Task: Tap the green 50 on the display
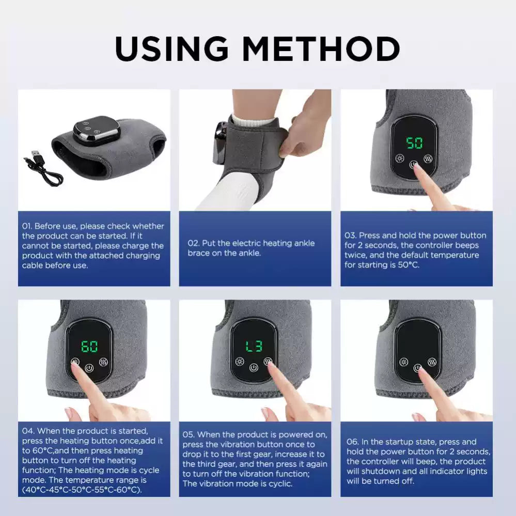tap(414, 143)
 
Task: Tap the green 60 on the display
tap(90, 346)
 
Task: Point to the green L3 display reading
tap(253, 346)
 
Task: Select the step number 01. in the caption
tap(27, 226)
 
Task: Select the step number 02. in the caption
tap(194, 243)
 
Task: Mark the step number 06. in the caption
tap(352, 442)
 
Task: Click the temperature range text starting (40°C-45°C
tap(52, 490)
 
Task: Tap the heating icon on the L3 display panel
tap(239, 361)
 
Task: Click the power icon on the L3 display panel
tap(253, 368)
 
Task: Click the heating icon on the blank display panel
tap(403, 361)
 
